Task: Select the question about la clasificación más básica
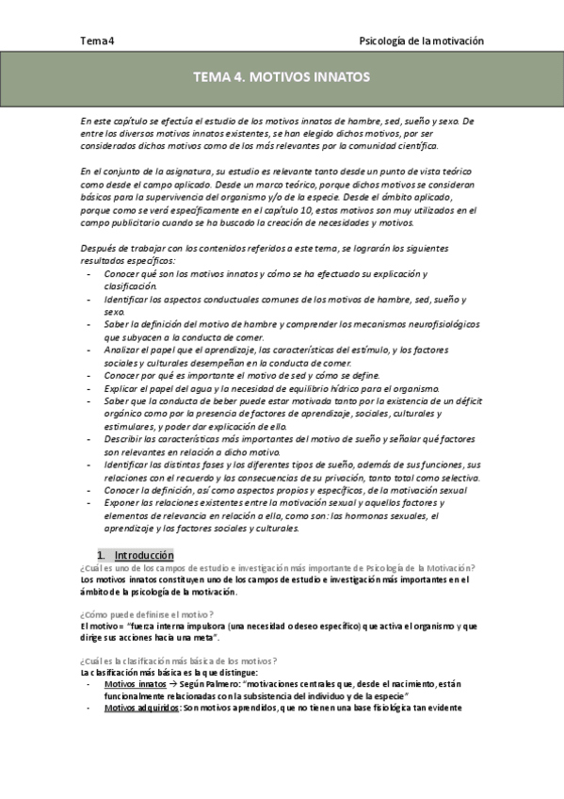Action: pos(178,661)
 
